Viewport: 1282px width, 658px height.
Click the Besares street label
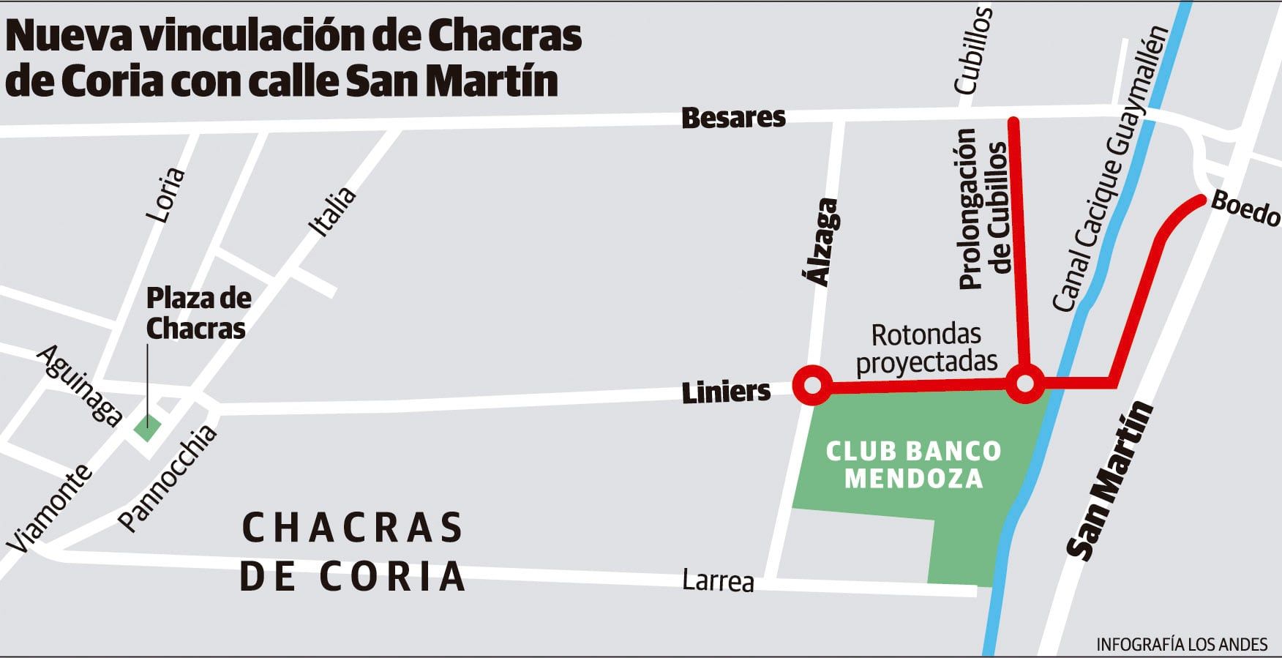(733, 118)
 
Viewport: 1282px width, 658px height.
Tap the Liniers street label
(726, 392)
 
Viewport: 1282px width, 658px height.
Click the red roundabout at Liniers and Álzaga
(811, 385)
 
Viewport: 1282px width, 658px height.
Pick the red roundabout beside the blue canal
(1025, 383)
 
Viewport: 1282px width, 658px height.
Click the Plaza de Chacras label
(198, 313)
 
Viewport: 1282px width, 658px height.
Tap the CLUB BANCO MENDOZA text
(913, 465)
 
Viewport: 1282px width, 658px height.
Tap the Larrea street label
(718, 580)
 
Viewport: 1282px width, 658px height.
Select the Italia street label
(333, 212)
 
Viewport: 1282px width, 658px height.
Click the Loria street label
(165, 195)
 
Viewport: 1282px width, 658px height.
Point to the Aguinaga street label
(80, 386)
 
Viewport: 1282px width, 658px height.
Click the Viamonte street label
(49, 508)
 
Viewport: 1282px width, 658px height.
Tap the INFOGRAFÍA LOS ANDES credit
(1182, 644)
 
